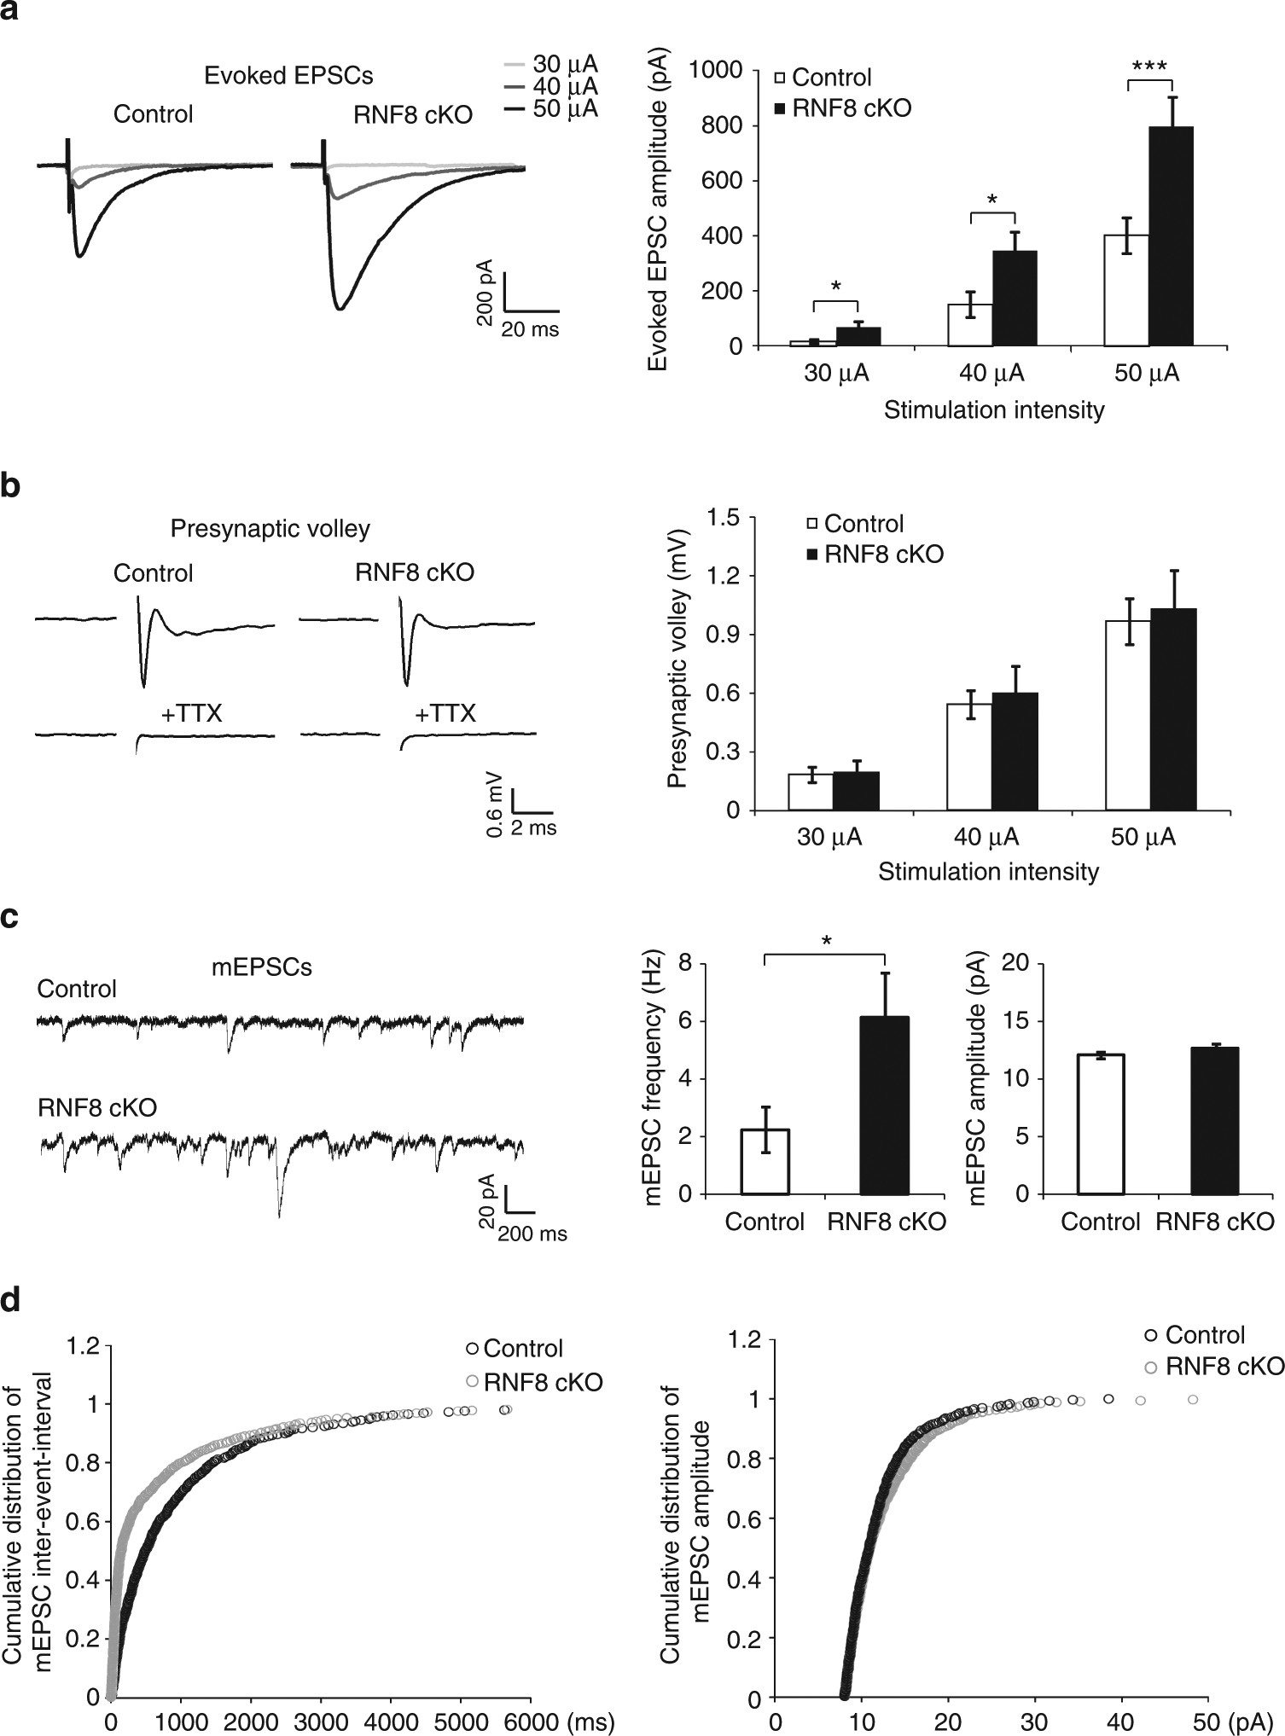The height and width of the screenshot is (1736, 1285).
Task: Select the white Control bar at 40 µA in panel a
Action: coord(971,325)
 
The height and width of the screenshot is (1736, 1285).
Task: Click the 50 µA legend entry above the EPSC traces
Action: coord(550,109)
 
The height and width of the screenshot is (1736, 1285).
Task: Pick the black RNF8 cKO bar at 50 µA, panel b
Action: coord(1172,709)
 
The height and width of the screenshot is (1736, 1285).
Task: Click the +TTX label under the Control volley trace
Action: coord(191,713)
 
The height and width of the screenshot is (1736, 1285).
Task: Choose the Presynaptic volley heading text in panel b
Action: coord(270,529)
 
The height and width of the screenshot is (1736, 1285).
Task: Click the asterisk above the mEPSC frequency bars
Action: coord(826,941)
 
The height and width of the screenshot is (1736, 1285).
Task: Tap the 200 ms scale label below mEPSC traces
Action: coord(532,1234)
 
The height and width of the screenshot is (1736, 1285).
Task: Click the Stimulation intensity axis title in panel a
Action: coord(993,410)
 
